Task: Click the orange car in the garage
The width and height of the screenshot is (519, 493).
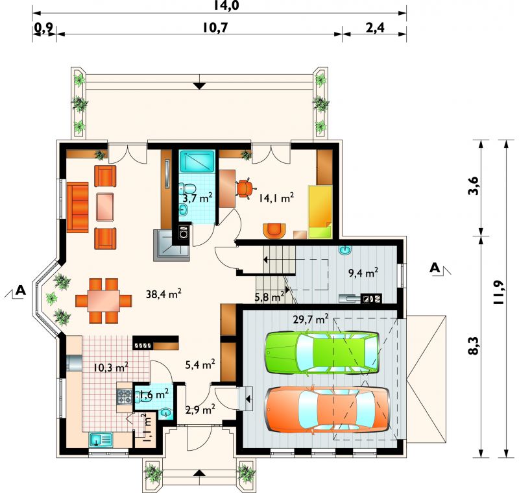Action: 327,409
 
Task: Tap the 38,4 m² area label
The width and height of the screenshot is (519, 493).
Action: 163,294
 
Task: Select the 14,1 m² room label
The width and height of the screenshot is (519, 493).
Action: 276,198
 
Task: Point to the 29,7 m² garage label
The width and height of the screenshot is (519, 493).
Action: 311,320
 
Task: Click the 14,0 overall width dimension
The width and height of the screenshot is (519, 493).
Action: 226,5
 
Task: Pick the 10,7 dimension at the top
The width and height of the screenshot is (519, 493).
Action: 215,28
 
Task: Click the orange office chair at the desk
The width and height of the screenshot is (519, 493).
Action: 246,188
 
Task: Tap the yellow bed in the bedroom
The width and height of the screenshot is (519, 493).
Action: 320,212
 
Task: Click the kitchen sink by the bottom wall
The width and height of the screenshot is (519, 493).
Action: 101,440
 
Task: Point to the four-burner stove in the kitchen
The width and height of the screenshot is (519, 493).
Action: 124,397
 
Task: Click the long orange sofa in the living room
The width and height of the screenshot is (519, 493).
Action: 77,207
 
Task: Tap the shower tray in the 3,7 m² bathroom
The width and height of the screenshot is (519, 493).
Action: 197,161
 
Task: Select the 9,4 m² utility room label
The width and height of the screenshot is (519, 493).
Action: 363,273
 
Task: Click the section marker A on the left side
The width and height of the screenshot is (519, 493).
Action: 21,290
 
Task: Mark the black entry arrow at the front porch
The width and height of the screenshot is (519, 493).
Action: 199,473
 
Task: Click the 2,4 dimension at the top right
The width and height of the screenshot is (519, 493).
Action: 375,28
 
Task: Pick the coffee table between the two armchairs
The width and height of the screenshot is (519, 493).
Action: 105,207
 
